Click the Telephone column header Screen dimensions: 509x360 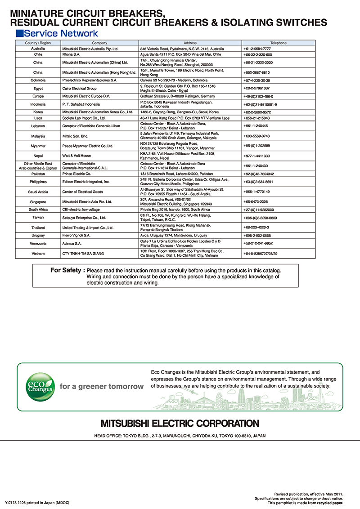(278, 43)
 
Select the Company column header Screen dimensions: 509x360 (99, 43)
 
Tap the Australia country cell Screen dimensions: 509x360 (38, 48)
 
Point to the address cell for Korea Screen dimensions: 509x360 (180, 112)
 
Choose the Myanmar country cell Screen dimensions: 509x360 (38, 146)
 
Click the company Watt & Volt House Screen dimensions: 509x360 (76, 156)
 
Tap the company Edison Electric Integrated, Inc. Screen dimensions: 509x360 (86, 182)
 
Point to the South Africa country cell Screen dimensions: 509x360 (38, 210)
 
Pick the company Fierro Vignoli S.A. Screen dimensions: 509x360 (76, 235)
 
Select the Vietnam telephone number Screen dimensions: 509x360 (261, 254)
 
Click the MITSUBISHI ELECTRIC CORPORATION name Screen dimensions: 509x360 (180, 424)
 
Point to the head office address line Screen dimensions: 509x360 (180, 436)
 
